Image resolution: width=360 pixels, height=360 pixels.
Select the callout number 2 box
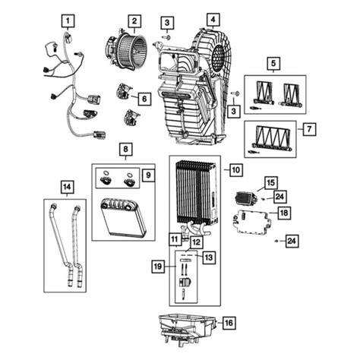pos(134,20)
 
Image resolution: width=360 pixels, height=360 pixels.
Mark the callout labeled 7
pos(308,130)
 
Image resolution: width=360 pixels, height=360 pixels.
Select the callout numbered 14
pos(68,186)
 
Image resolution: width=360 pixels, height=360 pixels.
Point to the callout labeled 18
pos(281,215)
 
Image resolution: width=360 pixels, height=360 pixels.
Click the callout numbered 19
pos(157,267)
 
